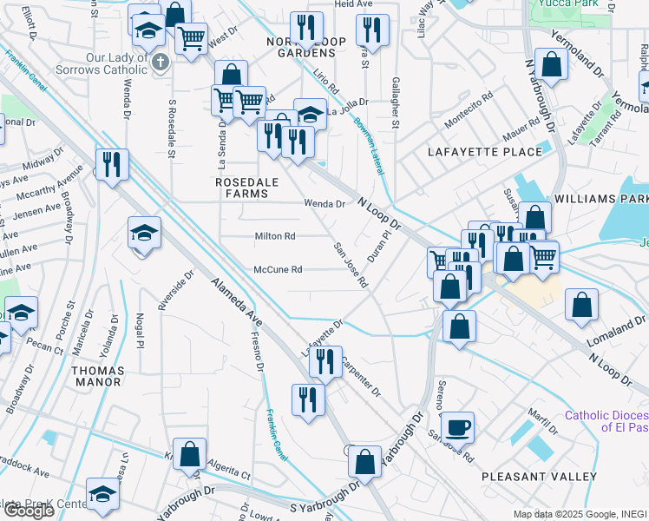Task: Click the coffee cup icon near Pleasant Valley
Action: (x=457, y=427)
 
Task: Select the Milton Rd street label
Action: (x=275, y=236)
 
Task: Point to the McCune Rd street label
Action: (x=278, y=269)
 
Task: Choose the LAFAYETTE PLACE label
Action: (x=485, y=152)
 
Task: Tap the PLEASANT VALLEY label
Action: (x=539, y=477)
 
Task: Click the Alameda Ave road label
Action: (x=237, y=304)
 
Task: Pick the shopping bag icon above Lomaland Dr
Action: (x=580, y=305)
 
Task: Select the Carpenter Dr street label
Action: (x=361, y=375)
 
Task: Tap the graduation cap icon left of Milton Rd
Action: (x=144, y=233)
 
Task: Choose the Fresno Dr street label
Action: (x=258, y=351)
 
